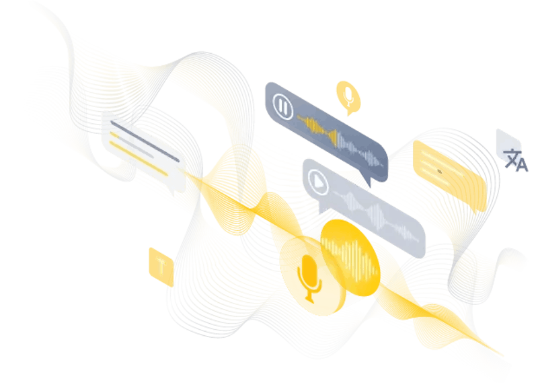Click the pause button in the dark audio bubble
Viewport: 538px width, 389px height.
pos(283,106)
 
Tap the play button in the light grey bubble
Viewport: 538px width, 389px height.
pos(318,182)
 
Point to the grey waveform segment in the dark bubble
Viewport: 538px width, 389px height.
pos(359,150)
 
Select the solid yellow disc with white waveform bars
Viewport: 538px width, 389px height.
pos(350,258)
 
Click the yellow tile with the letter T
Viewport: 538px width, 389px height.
pos(161,267)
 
